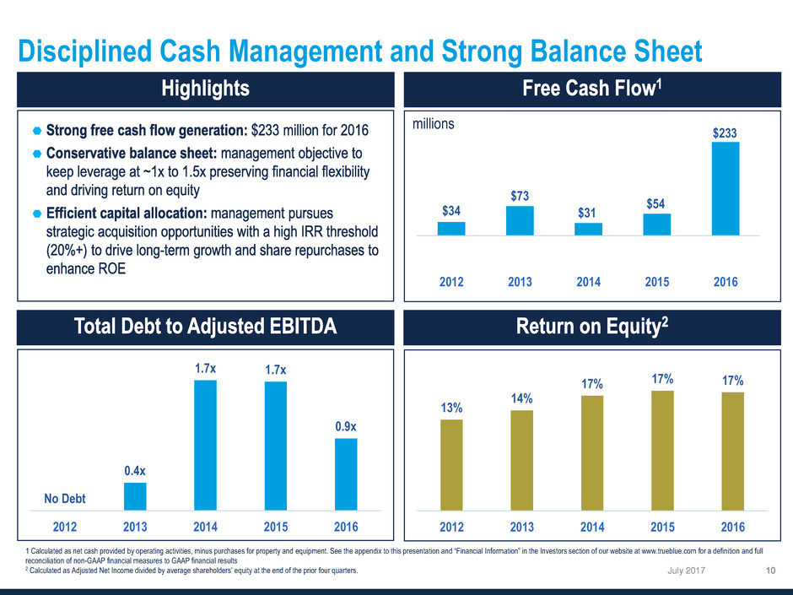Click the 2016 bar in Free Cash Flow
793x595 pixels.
tap(726, 188)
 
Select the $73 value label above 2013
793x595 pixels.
tap(520, 196)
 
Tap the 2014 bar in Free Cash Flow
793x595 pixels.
tap(588, 229)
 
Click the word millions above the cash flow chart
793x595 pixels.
tap(434, 124)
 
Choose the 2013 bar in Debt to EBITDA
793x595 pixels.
tap(135, 496)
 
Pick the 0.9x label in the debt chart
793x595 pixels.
tap(346, 428)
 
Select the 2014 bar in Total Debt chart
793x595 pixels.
tap(205, 445)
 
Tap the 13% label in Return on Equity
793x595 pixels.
tap(451, 408)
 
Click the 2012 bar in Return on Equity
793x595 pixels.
tap(451, 465)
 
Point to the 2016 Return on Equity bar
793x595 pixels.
tap(732, 452)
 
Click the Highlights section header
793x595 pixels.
tap(199, 89)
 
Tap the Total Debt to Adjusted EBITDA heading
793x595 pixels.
tap(199, 327)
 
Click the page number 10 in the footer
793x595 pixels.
tap(770, 574)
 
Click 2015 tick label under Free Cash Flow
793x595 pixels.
tap(657, 283)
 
